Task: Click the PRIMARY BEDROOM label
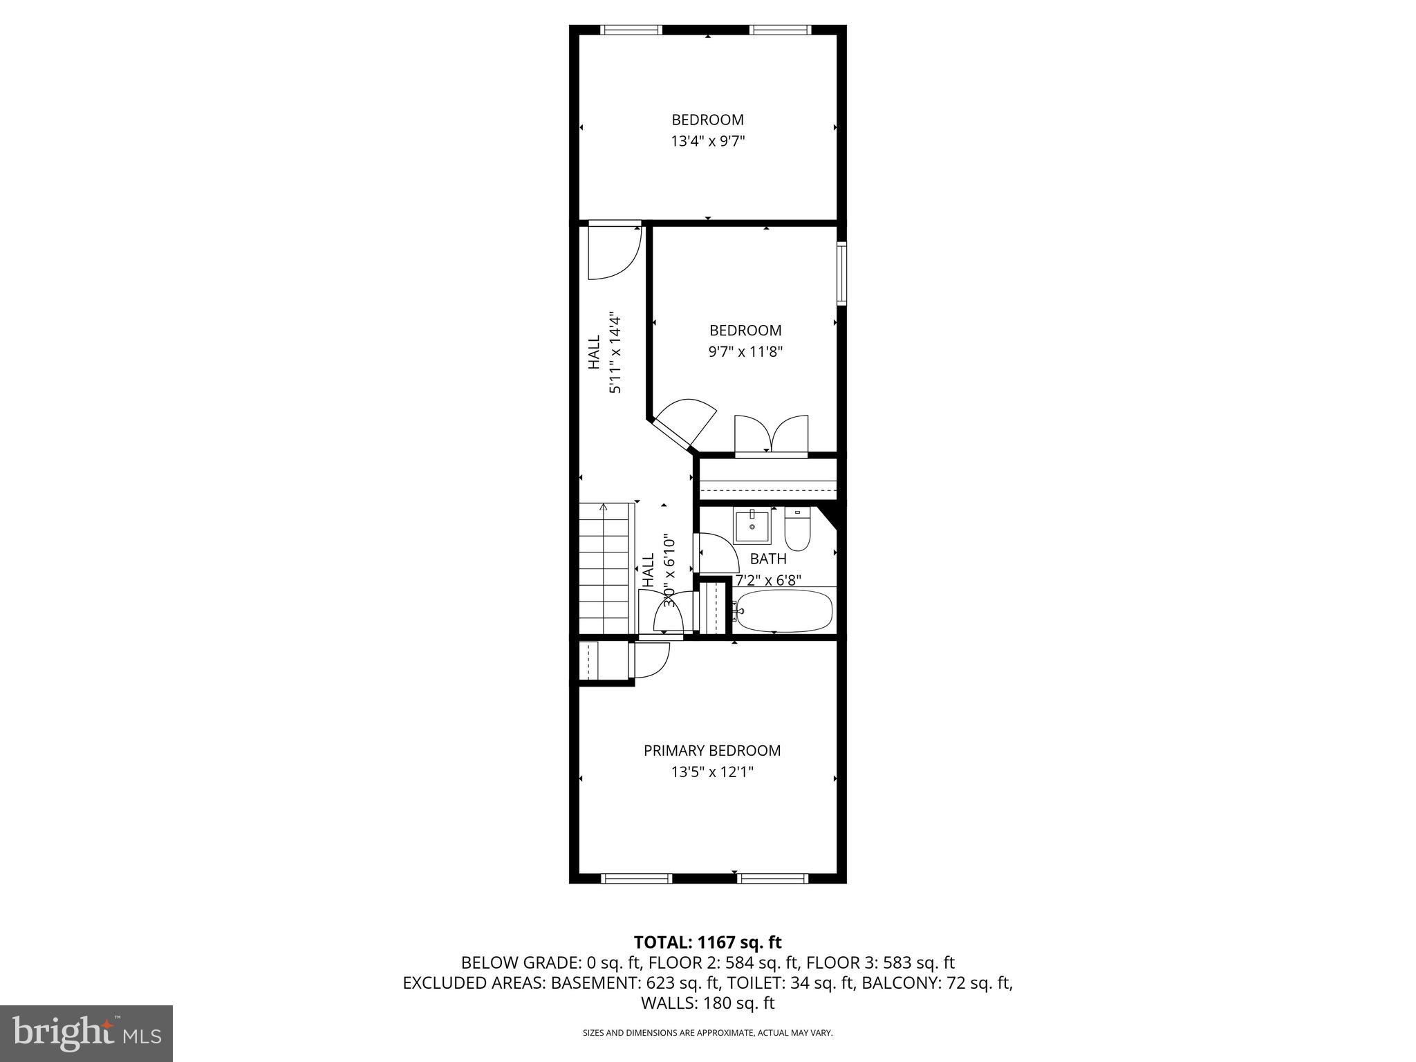(x=711, y=750)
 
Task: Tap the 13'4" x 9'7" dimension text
(x=707, y=142)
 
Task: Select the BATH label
(x=768, y=559)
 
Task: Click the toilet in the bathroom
(x=796, y=529)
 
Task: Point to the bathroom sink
(x=752, y=527)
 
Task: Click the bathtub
(x=783, y=611)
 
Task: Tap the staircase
(x=606, y=568)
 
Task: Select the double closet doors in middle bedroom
(x=771, y=436)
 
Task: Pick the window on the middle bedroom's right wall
(x=841, y=273)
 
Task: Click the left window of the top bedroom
(x=631, y=30)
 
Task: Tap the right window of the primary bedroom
(x=772, y=878)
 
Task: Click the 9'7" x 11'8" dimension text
(x=745, y=352)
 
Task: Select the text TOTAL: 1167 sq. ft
(x=707, y=942)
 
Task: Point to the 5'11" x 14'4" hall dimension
(x=615, y=353)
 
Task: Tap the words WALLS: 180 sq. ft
(x=707, y=1003)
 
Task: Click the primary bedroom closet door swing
(x=651, y=660)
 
